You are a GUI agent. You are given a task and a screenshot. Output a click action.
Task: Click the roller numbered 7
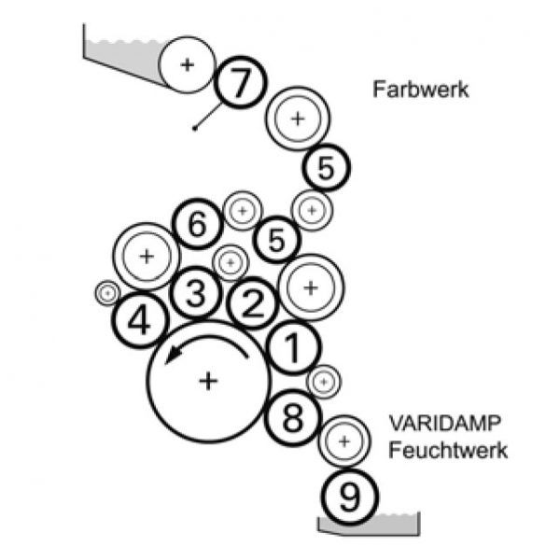click(x=240, y=85)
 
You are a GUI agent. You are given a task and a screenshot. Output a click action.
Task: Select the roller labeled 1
click(x=291, y=349)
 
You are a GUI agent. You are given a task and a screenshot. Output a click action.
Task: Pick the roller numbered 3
click(x=194, y=294)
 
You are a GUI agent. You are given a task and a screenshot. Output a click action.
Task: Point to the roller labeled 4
click(x=138, y=322)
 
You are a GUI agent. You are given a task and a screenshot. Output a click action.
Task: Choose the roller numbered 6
click(x=197, y=226)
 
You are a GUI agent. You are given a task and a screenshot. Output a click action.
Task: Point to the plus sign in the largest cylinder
click(x=208, y=380)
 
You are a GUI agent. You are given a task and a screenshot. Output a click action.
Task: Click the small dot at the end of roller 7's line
click(x=193, y=127)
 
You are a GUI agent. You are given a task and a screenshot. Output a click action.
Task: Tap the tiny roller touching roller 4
click(x=107, y=293)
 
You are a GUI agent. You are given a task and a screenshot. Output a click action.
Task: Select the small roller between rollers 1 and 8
click(x=324, y=380)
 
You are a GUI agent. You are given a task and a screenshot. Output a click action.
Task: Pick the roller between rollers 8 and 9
click(x=343, y=440)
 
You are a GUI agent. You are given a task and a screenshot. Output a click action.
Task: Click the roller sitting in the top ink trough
click(x=187, y=64)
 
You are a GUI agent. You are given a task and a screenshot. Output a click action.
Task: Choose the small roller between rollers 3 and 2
click(x=230, y=263)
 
